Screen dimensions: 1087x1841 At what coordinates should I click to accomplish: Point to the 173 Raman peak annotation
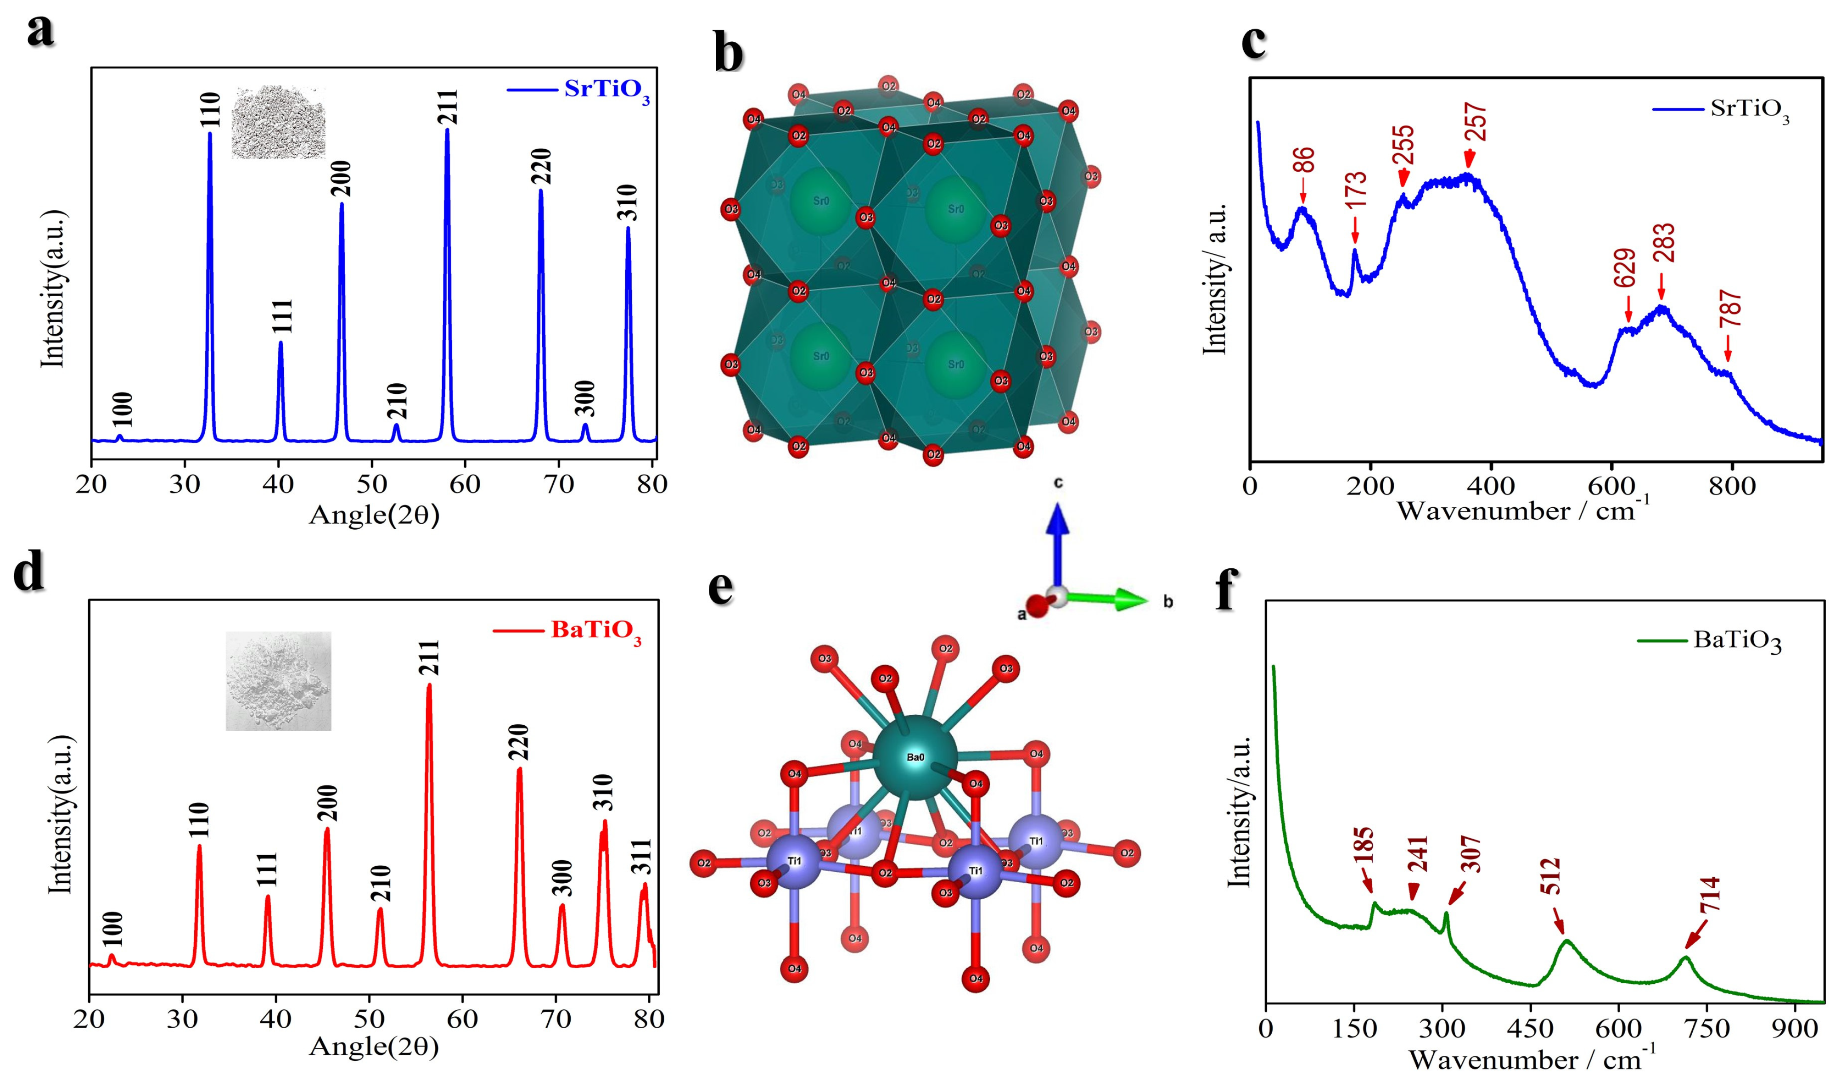coord(1355,192)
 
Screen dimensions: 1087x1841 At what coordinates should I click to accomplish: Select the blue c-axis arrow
coord(1056,542)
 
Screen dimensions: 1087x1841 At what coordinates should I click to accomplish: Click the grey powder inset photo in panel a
coord(278,122)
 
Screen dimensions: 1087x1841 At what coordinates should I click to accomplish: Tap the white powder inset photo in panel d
coord(278,681)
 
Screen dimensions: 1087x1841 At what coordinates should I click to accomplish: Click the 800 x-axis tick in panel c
coord(1732,486)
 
